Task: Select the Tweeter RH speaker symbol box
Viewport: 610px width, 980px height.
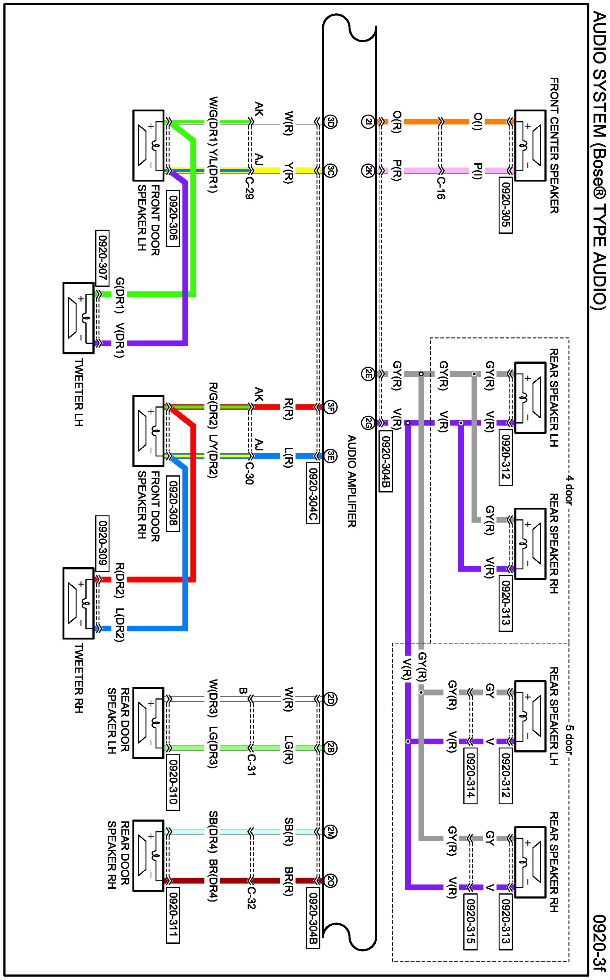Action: click(79, 603)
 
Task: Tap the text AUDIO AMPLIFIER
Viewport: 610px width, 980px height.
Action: click(351, 481)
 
